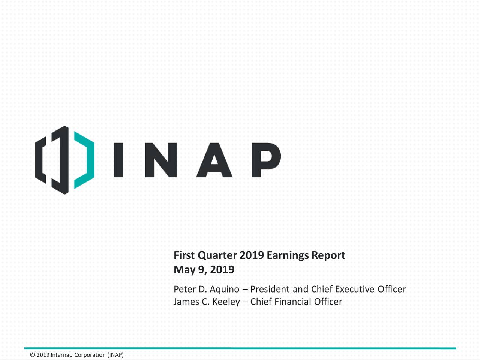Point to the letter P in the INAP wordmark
265,160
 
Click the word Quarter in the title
217,256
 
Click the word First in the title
184,256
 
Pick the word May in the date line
184,270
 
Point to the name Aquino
224,289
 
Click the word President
270,289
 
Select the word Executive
354,289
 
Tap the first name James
186,302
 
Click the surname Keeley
226,302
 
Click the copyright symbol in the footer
32,355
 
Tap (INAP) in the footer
115,355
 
